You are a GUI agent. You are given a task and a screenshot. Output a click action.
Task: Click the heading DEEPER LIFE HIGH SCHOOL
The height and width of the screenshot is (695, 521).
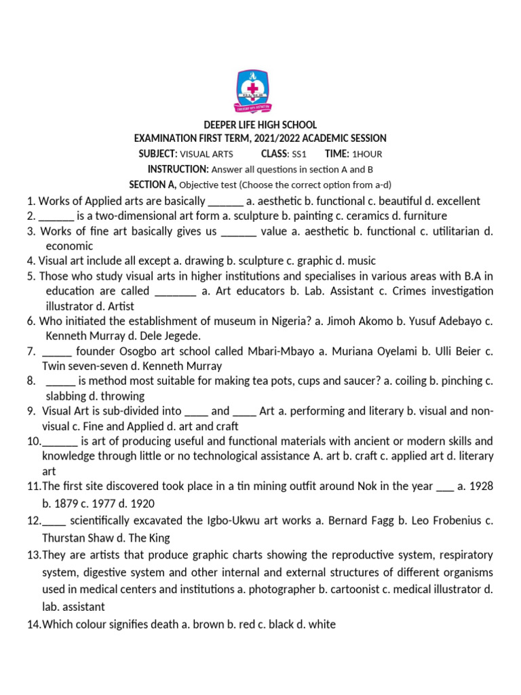[x=260, y=125]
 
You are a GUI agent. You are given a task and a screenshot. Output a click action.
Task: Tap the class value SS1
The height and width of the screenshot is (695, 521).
[x=299, y=154]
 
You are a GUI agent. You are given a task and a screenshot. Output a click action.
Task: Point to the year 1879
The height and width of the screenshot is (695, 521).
[x=68, y=504]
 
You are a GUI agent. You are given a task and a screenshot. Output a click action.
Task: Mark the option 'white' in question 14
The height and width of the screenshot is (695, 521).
[x=322, y=624]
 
